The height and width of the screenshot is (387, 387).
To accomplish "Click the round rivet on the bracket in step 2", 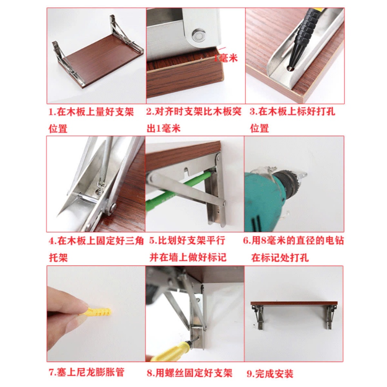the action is pos(199,36).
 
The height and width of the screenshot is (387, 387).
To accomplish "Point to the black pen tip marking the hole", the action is pos(291,65).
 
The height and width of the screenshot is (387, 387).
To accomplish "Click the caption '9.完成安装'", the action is pos(270,374).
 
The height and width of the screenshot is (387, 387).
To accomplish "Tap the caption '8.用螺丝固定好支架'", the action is pos(190,373).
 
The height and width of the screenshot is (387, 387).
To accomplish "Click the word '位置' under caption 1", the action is pos(58,129).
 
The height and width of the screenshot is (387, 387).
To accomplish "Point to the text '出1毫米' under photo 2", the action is pos(164,128).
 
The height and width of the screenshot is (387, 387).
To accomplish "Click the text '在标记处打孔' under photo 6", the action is pos(280,258).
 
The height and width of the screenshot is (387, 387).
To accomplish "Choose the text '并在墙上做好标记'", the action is pos(188,257).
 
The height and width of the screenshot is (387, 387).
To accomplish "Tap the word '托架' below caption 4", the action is pos(58,258).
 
